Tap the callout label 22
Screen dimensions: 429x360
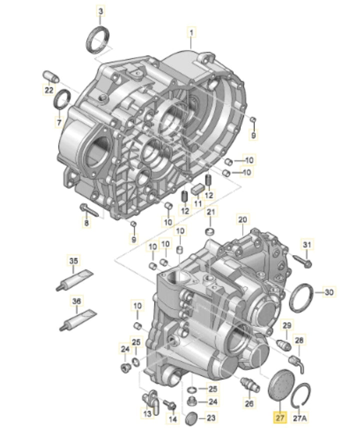tap(48, 90)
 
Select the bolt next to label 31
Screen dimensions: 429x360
tap(302, 260)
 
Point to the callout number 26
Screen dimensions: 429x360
tap(249, 403)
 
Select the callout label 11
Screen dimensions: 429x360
tap(198, 203)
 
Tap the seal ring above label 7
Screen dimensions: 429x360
tap(62, 98)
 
